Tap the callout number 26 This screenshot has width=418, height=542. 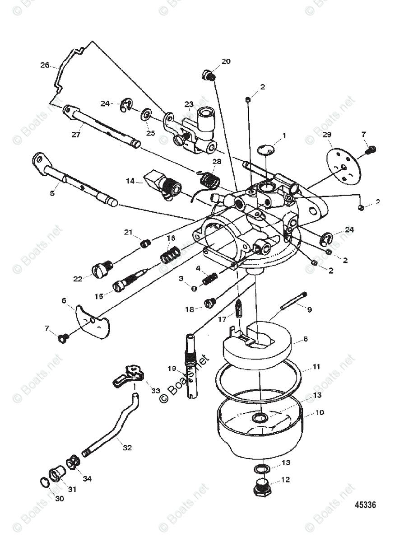(45, 65)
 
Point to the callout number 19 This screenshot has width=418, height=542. (171, 369)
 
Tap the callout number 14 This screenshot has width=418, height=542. (130, 181)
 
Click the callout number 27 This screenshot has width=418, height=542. (76, 134)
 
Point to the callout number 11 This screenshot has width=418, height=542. (316, 367)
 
